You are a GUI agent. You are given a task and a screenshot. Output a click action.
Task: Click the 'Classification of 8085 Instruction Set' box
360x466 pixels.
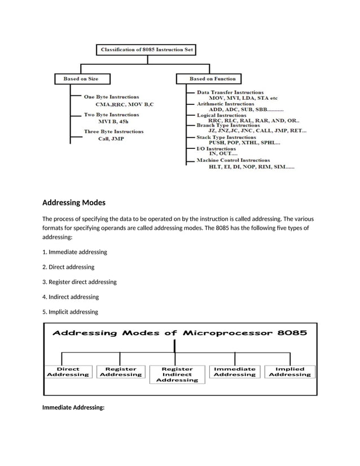click(146, 50)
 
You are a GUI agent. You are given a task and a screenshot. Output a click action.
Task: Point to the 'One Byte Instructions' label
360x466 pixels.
click(111, 97)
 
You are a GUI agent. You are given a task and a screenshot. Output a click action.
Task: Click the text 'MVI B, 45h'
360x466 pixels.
click(113, 121)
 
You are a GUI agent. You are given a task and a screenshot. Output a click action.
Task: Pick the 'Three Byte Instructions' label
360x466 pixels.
click(113, 131)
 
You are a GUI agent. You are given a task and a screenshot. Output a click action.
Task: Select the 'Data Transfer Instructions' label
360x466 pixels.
click(230, 92)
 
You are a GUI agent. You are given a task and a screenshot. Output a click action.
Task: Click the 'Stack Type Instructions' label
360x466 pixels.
click(226, 137)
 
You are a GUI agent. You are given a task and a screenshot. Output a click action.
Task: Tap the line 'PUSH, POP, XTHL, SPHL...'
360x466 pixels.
click(244, 143)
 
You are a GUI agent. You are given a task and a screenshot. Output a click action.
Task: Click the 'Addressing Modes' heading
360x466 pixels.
click(74, 203)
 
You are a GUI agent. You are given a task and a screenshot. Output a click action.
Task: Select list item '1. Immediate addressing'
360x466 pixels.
click(74, 252)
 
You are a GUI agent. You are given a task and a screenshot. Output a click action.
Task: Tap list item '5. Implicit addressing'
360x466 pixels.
click(70, 311)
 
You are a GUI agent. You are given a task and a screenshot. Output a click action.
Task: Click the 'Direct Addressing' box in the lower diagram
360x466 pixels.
click(68, 371)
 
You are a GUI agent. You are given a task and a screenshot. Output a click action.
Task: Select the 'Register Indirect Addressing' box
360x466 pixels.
click(177, 374)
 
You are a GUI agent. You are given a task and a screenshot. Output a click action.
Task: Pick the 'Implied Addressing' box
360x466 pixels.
click(289, 371)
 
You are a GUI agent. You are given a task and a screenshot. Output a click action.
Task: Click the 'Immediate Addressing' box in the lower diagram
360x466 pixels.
click(235, 371)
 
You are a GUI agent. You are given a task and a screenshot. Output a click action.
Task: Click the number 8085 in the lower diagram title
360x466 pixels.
click(292, 333)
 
